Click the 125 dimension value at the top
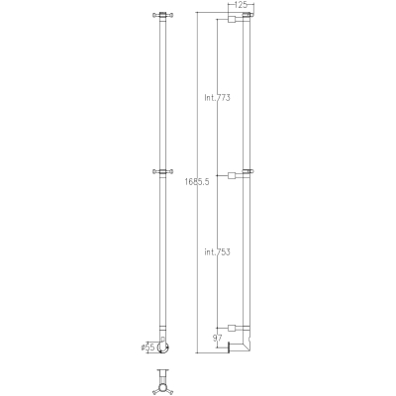tap(241, 5)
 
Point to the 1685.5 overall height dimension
tap(197, 181)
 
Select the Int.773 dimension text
tap(217, 98)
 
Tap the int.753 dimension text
tap(217, 252)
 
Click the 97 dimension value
tap(217, 338)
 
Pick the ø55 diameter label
tap(148, 347)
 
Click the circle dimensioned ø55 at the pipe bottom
tap(162, 347)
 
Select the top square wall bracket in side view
tap(232, 19)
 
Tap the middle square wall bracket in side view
tap(232, 175)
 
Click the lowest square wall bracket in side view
tap(232, 328)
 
